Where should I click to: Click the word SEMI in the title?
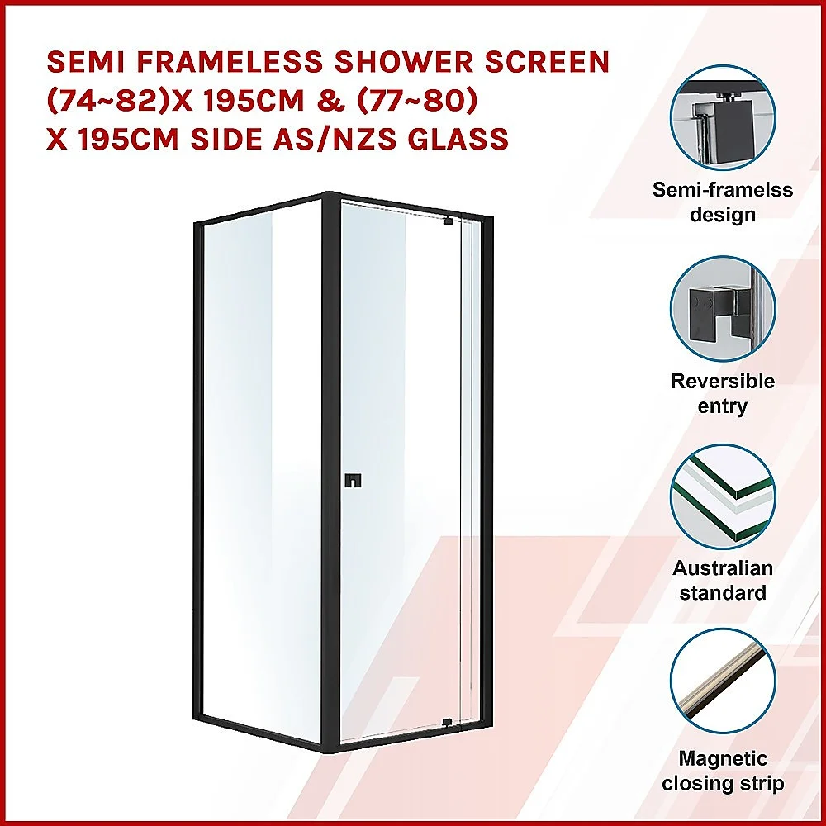(x=85, y=62)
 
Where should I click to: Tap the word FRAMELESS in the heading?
(x=230, y=62)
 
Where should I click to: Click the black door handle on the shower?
(x=353, y=481)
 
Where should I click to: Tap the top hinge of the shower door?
(x=449, y=221)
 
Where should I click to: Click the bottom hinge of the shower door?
(x=447, y=722)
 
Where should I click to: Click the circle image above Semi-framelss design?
(x=723, y=118)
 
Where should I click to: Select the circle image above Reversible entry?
(x=723, y=309)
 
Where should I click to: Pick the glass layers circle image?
(x=723, y=497)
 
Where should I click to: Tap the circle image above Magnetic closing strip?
(x=723, y=681)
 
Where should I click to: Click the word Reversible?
(x=723, y=381)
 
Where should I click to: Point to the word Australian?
(x=723, y=568)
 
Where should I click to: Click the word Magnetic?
(x=723, y=758)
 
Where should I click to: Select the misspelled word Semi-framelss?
(x=723, y=190)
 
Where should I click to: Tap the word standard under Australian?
(x=723, y=592)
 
